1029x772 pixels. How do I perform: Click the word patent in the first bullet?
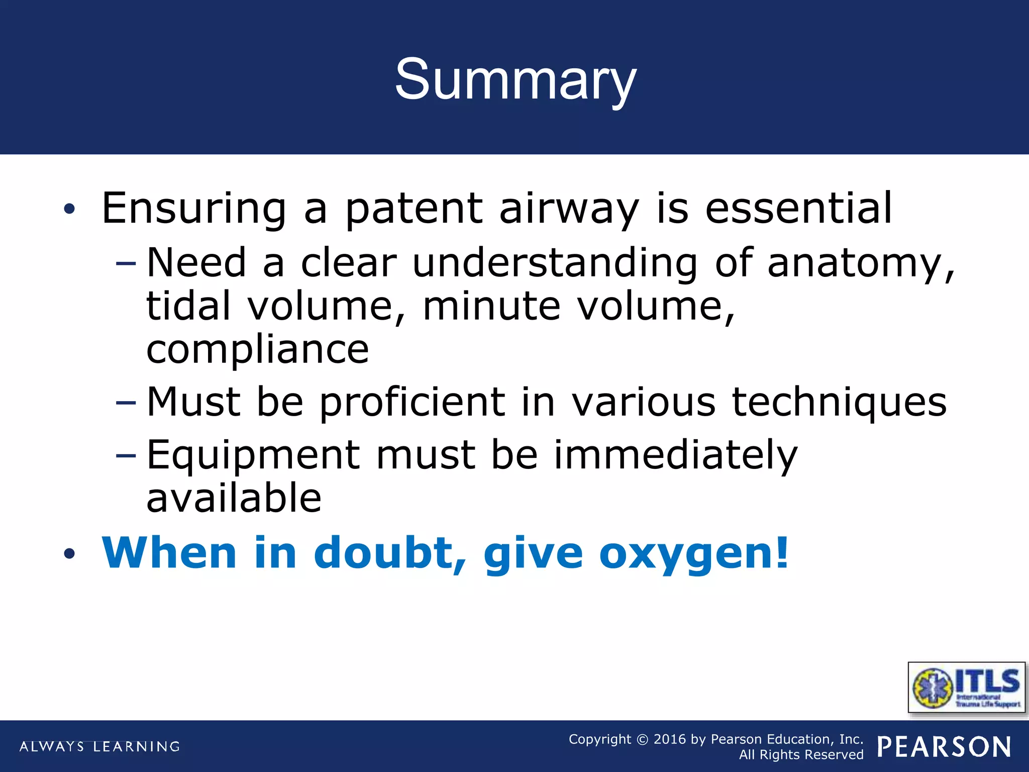click(x=414, y=209)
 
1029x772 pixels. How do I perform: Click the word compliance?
click(x=257, y=350)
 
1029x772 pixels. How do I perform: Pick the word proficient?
click(x=411, y=403)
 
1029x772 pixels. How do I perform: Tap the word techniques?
click(x=839, y=403)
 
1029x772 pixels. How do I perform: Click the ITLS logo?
click(x=966, y=688)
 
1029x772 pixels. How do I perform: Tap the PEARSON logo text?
click(x=944, y=747)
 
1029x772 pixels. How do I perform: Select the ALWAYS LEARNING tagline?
click(x=99, y=746)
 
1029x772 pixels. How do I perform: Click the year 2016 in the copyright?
click(x=669, y=739)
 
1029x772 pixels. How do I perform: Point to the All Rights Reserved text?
click(x=801, y=755)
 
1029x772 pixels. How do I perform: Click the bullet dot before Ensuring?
click(x=69, y=209)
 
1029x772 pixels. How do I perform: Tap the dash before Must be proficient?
click(x=126, y=403)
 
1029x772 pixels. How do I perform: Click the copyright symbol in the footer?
click(x=642, y=740)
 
